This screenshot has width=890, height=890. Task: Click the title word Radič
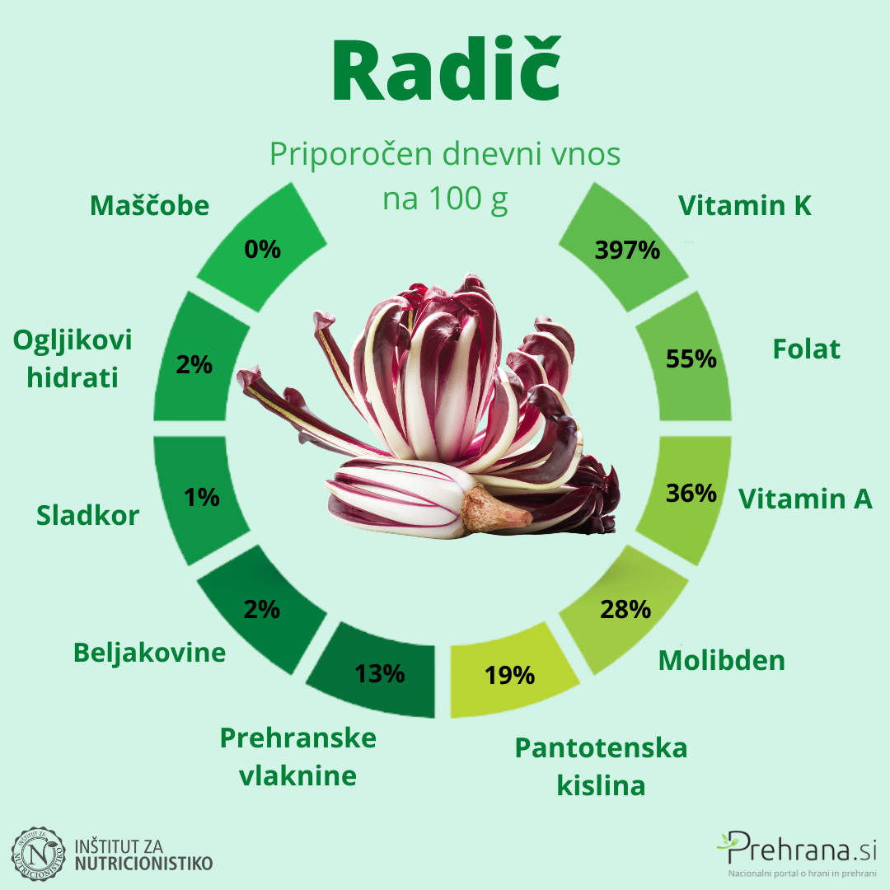(x=445, y=73)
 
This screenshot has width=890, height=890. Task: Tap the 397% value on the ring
(x=627, y=249)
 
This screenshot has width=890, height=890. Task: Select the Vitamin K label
(x=745, y=205)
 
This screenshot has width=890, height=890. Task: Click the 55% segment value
(x=691, y=358)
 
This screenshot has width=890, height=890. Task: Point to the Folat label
(x=806, y=349)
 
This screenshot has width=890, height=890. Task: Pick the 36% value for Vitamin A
(x=691, y=493)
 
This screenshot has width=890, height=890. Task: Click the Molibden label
(x=721, y=660)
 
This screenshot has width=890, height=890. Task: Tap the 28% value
(x=625, y=609)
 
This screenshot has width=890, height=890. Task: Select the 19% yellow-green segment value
(x=509, y=676)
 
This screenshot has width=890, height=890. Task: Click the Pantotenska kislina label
(x=601, y=766)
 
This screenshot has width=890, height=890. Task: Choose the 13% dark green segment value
(x=380, y=673)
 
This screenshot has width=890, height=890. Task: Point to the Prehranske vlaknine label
(x=297, y=756)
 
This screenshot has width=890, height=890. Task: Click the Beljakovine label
(x=149, y=653)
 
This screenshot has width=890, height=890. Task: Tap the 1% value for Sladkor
(x=201, y=497)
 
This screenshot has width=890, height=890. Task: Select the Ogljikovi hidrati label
(x=73, y=358)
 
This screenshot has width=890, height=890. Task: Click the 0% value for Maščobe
(x=263, y=248)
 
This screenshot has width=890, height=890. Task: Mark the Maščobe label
(x=149, y=205)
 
